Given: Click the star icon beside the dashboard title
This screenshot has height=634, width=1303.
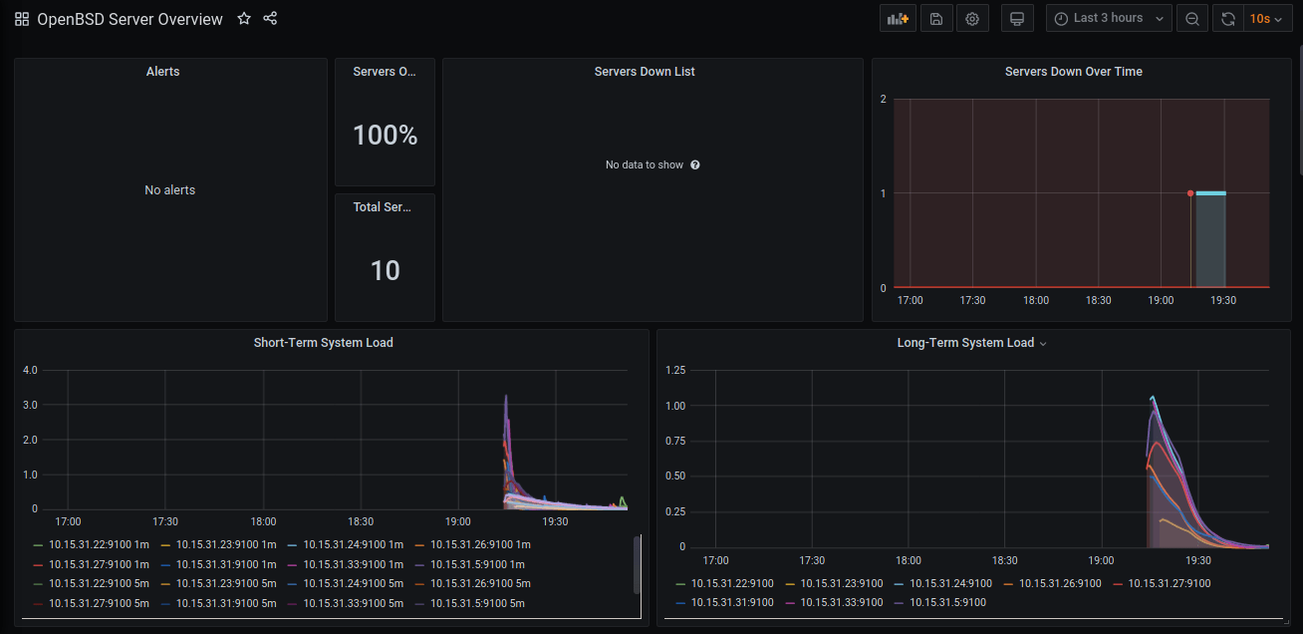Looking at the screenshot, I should (x=244, y=19).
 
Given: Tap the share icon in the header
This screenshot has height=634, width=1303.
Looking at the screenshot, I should (x=270, y=19).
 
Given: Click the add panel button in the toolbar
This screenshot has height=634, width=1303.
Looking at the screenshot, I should (x=898, y=19).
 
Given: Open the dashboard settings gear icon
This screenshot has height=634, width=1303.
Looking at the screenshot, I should (x=972, y=19).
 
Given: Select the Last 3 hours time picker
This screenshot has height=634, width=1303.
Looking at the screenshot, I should (x=1109, y=19).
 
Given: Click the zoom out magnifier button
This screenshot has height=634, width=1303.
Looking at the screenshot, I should (x=1192, y=19).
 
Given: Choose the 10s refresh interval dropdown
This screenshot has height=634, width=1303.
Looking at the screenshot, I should (x=1265, y=19).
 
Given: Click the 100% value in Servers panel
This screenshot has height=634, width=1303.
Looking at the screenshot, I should (x=386, y=136).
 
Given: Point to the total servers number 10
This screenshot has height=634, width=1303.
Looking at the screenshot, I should (x=386, y=270).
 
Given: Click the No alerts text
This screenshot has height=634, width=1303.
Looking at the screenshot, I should (x=170, y=190).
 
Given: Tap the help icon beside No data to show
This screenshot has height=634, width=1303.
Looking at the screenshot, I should (x=695, y=165).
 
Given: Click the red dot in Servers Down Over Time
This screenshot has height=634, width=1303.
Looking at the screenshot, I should (x=1190, y=193).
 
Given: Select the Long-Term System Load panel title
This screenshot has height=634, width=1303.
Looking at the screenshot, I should (x=965, y=343).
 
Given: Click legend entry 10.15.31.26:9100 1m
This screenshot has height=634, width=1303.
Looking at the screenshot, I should (x=480, y=545).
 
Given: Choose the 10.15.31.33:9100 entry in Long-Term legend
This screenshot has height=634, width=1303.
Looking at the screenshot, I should (x=843, y=602).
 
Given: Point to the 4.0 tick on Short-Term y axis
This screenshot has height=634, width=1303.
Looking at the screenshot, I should (x=30, y=370).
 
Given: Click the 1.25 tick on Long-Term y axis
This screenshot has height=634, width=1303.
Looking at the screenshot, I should (x=675, y=371).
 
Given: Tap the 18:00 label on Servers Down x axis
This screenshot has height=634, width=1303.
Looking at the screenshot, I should (x=1036, y=300).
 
